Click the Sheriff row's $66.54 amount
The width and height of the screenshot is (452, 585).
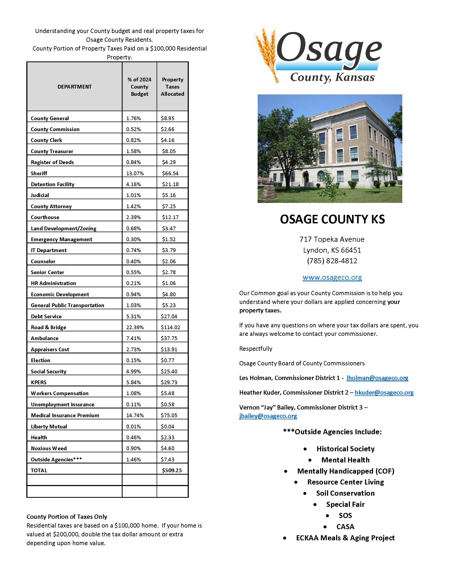(170, 173)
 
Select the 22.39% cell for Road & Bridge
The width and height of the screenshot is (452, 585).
(135, 327)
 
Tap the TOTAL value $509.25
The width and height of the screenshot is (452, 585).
(172, 470)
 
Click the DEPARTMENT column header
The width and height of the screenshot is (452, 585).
(74, 86)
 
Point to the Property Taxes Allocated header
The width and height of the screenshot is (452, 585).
(173, 86)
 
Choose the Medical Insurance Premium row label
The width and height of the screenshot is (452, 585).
(65, 415)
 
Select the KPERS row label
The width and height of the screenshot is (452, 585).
(39, 382)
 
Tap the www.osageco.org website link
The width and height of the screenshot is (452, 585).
(332, 277)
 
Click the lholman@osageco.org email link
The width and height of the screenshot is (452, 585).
(377, 378)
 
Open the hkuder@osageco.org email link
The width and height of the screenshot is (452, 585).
(384, 393)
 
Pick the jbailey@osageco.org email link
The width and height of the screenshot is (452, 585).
(268, 416)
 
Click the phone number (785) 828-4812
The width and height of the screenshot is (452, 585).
(332, 261)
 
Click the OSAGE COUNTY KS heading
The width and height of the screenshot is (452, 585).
(332, 219)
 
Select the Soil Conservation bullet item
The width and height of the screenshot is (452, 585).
(345, 493)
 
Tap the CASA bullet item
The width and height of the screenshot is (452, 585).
(345, 527)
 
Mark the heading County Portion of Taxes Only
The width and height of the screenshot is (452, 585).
(67, 517)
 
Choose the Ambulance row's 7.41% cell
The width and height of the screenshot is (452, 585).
(133, 338)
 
